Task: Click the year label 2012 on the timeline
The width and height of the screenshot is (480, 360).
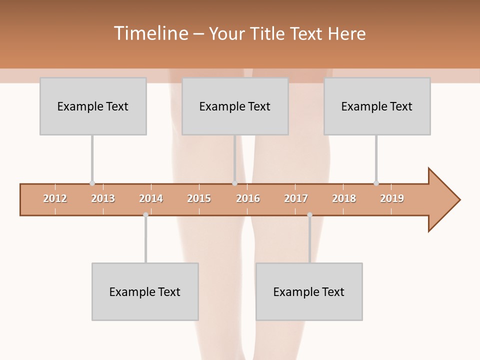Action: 55,198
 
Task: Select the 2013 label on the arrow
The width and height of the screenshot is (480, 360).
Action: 103,198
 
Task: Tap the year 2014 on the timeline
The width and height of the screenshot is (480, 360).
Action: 151,198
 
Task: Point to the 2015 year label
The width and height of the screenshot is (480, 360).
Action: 199,198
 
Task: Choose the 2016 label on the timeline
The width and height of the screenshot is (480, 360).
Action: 248,198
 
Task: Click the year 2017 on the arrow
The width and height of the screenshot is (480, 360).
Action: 296,198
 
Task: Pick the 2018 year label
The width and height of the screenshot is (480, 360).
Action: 344,198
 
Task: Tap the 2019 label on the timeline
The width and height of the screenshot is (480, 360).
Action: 392,198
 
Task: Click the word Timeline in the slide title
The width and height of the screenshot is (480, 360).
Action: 150,33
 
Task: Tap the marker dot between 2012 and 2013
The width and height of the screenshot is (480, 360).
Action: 92,183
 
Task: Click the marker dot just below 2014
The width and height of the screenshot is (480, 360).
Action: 145,214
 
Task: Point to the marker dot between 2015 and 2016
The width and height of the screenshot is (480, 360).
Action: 234,183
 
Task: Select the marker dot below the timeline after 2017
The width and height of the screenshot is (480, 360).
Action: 309,214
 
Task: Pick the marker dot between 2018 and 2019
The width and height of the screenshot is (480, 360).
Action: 376,183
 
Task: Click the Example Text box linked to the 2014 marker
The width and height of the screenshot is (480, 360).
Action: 145,291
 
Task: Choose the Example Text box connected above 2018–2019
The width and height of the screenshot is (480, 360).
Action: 377,106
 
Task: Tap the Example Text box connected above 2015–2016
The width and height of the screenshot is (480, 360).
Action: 235,106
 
